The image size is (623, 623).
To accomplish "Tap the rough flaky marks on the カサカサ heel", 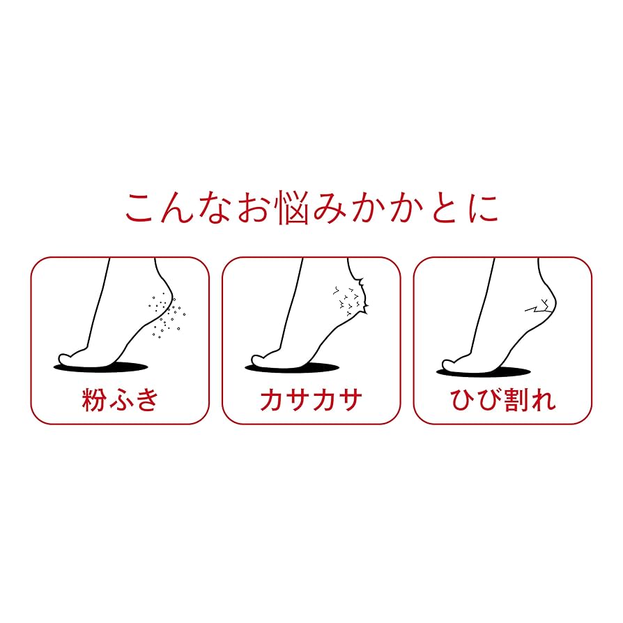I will pos(348,300).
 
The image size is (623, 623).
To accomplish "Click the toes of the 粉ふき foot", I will pos(67,359).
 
